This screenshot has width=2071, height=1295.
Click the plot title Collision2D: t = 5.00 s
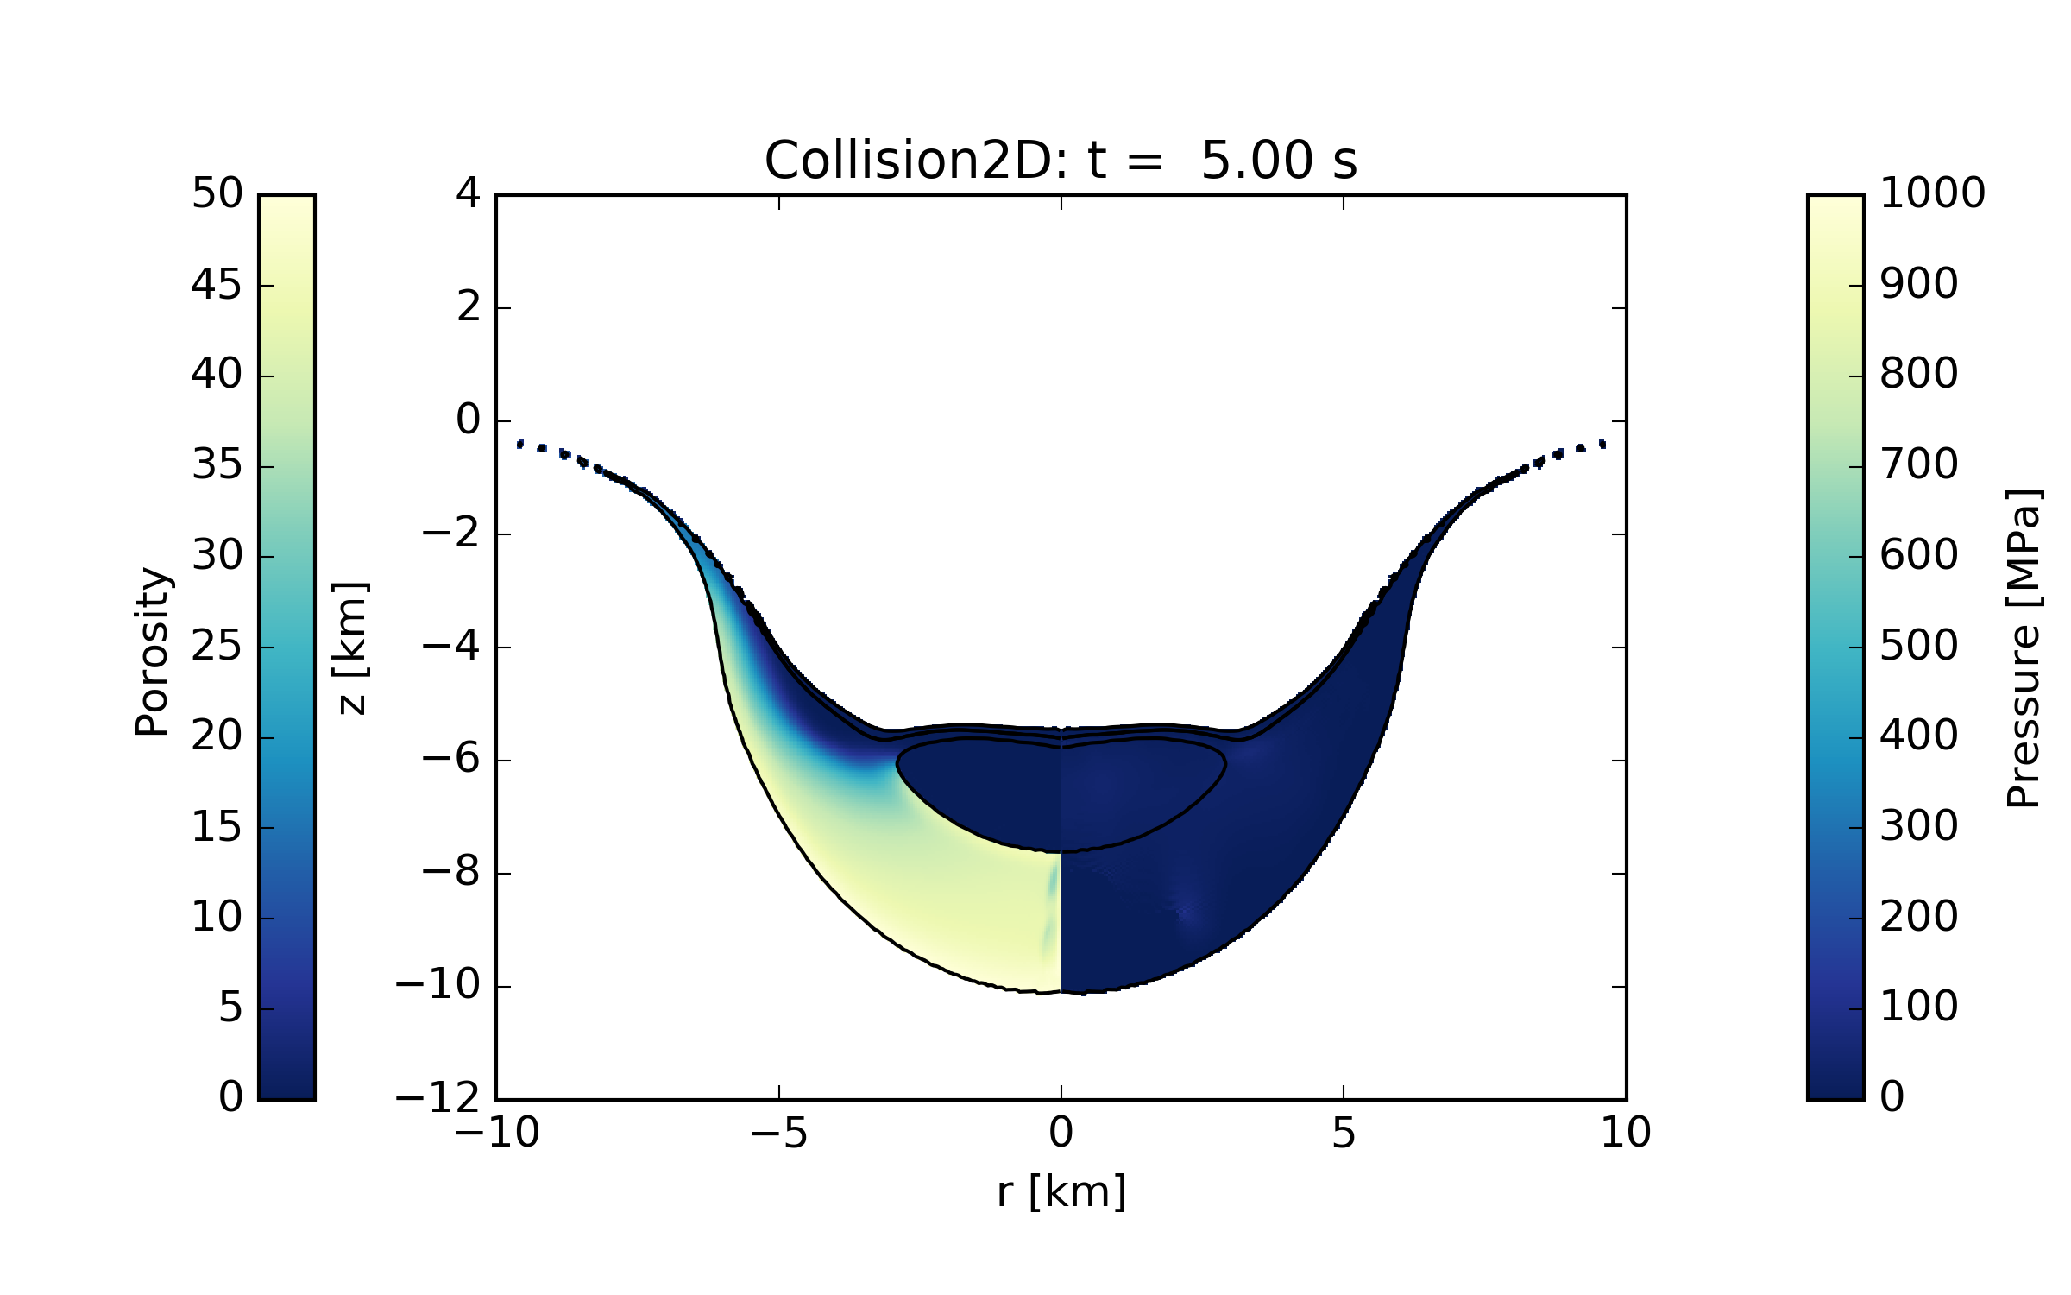(1061, 161)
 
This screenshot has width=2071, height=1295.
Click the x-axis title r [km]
(1061, 1192)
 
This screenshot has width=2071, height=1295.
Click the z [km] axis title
(351, 647)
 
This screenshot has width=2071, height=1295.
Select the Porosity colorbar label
(152, 652)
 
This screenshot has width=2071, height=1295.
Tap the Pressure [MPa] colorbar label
(2023, 648)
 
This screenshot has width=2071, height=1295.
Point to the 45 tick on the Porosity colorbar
(216, 285)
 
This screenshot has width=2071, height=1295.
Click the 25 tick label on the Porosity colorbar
(216, 647)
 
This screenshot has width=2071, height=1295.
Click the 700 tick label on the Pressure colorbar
(1918, 465)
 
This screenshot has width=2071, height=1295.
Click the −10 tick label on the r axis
(497, 1133)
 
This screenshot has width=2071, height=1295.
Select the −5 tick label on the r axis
(778, 1133)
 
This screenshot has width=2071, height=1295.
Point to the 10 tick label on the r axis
(1626, 1133)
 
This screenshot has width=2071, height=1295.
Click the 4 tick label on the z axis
(469, 193)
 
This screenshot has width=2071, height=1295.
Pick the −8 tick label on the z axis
(450, 873)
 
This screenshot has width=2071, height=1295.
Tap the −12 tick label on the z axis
(437, 1099)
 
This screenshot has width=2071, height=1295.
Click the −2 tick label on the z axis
(450, 534)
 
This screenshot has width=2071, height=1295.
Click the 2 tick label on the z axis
(469, 307)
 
